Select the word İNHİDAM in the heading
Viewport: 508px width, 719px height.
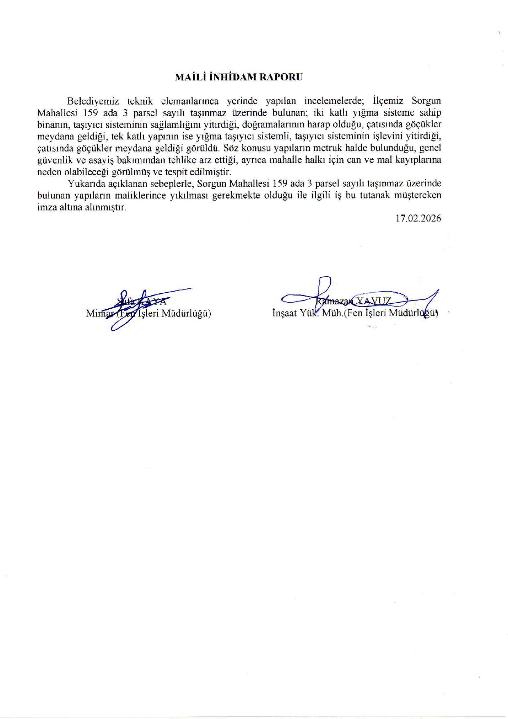232,77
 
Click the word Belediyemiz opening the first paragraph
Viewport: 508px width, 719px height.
93,101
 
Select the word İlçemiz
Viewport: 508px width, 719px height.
388,101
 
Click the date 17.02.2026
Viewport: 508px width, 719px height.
418,219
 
